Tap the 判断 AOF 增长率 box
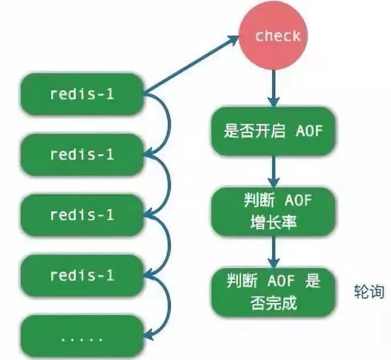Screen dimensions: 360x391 coord(274,211)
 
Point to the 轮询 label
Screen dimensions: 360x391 coord(369,292)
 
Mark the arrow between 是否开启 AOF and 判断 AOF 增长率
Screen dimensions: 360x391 coord(274,170)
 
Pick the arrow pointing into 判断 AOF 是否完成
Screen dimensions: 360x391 coord(274,251)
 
